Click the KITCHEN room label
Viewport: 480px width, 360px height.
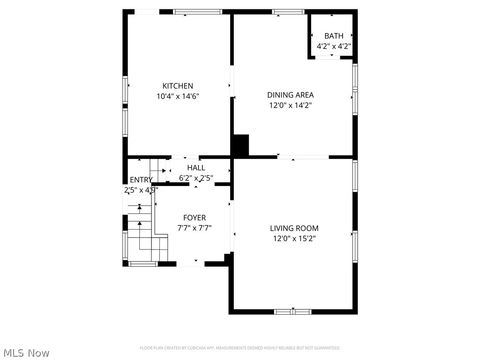pos(178,86)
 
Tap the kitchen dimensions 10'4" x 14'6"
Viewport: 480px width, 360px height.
pos(178,96)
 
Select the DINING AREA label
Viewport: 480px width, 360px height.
pos(290,95)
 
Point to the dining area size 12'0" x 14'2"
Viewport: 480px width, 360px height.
pos(290,105)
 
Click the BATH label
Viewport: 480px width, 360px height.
pos(332,36)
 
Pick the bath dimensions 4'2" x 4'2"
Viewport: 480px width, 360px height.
pos(332,46)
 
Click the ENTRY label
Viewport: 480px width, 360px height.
pos(141,180)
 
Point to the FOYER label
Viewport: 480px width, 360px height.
pos(194,217)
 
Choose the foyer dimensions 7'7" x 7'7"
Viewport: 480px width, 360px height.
pos(194,227)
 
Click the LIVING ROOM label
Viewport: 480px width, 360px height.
pos(294,227)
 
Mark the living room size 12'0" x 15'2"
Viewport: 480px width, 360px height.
pos(294,238)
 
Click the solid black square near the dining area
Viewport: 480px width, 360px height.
pos(240,145)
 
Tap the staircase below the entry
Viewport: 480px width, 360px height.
pos(145,230)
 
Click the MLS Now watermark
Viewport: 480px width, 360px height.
pos(27,351)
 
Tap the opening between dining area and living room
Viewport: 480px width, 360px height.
pos(303,157)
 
